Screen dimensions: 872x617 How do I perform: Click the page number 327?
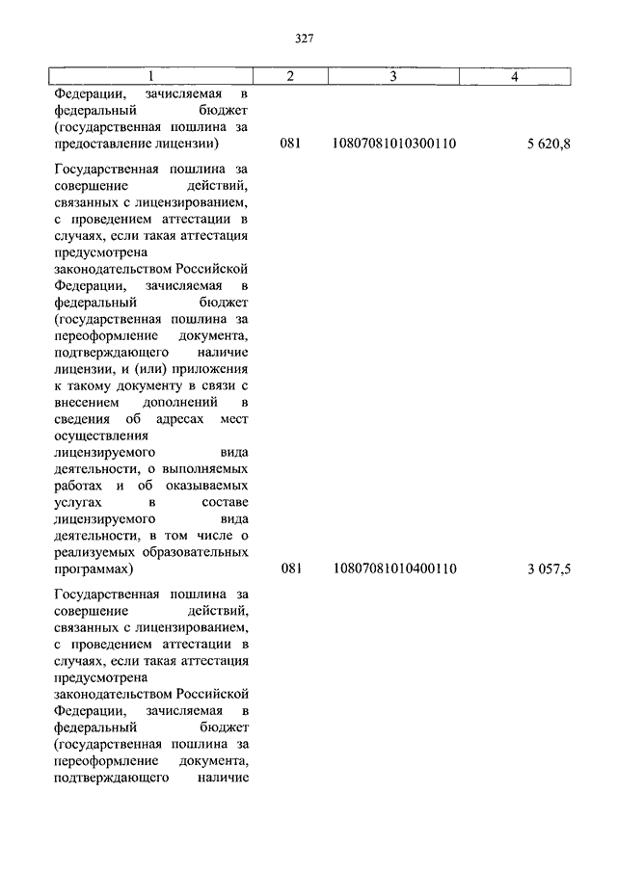305,39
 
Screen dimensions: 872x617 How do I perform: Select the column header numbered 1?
149,76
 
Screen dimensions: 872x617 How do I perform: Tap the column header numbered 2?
291,76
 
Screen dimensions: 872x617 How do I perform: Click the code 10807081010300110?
393,145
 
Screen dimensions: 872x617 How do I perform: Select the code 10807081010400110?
393,569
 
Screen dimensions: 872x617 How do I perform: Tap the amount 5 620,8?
549,145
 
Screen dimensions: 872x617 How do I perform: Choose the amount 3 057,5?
549,569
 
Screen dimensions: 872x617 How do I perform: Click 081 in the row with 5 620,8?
291,145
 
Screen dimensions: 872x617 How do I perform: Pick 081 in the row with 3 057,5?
291,569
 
